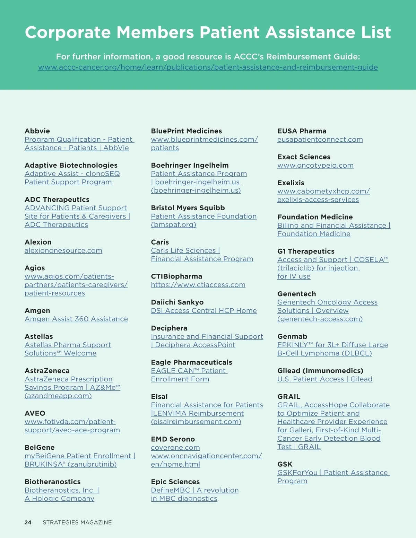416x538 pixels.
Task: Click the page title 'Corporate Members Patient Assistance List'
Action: pos(208,33)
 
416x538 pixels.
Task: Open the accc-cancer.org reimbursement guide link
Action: pos(208,67)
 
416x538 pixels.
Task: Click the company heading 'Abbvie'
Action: pos(37,131)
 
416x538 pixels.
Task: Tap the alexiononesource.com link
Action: pos(63,250)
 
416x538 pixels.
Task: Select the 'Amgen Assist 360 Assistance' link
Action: pos(76,319)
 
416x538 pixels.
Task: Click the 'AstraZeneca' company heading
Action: pos(47,371)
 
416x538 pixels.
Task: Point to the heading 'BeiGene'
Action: pos(40,448)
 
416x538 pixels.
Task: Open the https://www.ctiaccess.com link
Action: pos(198,285)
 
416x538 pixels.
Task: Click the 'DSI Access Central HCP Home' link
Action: pos(204,311)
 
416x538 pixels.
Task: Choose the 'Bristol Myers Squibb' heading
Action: pos(188,208)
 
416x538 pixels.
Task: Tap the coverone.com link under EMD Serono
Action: pos(175,448)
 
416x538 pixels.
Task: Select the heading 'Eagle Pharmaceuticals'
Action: pos(191,362)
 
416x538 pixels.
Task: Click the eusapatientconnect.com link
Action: pos(320,140)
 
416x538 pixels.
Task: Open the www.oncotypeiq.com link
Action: pos(315,166)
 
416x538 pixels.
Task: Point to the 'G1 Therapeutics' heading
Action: pos(306,251)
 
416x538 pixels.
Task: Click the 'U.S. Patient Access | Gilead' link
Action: pos(325,379)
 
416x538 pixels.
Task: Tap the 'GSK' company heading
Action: pos(285,464)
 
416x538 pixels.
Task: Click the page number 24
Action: pos(28,522)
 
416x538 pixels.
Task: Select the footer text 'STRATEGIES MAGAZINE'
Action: pos(77,522)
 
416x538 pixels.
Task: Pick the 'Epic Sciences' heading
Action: pos(175,482)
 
